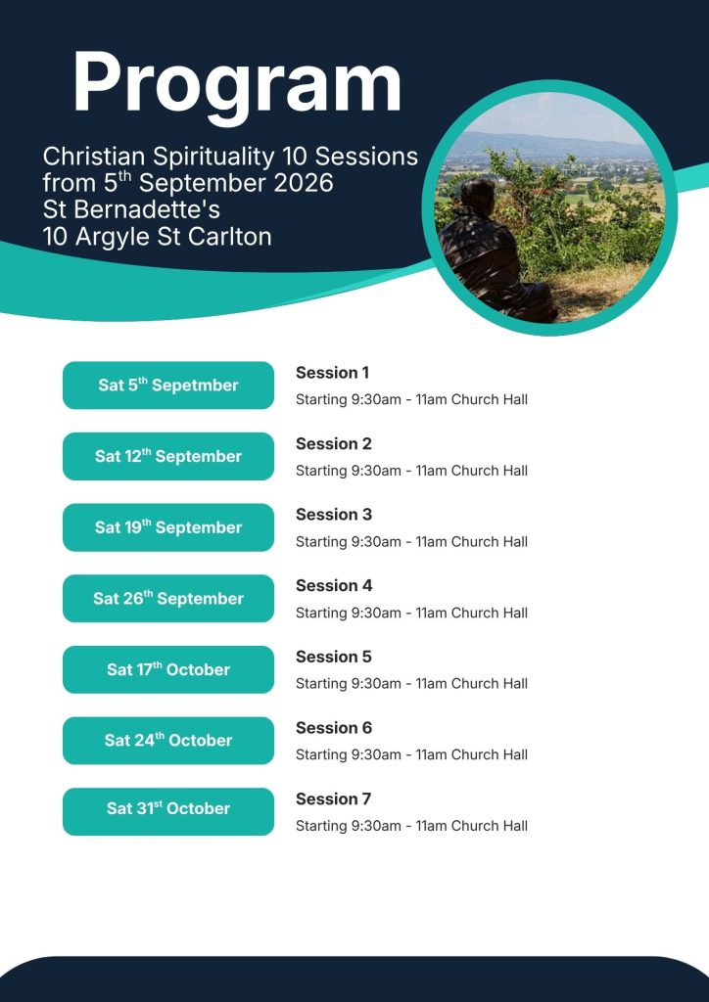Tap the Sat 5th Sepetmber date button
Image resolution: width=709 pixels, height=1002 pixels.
click(168, 386)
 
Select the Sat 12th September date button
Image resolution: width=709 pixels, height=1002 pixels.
click(168, 456)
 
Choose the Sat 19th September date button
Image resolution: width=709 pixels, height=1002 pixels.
click(168, 527)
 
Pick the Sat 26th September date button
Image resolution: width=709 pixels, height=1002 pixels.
click(168, 598)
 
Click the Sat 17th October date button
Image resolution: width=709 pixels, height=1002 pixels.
click(168, 669)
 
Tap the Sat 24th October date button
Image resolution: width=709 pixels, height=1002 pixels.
click(168, 740)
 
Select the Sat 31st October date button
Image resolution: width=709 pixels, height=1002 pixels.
click(168, 811)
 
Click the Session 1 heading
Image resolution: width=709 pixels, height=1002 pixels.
click(332, 373)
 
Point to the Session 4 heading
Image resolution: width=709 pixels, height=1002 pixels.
click(334, 585)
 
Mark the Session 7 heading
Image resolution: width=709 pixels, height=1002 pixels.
click(333, 798)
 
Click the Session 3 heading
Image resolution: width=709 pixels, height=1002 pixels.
click(334, 515)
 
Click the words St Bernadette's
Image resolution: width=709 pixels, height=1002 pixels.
click(131, 210)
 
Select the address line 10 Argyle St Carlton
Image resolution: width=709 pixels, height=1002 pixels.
click(158, 237)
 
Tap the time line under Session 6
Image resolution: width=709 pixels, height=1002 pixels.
click(411, 754)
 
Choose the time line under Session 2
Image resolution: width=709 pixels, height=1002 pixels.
click(411, 471)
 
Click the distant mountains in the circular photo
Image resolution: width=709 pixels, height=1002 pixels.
click(549, 145)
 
